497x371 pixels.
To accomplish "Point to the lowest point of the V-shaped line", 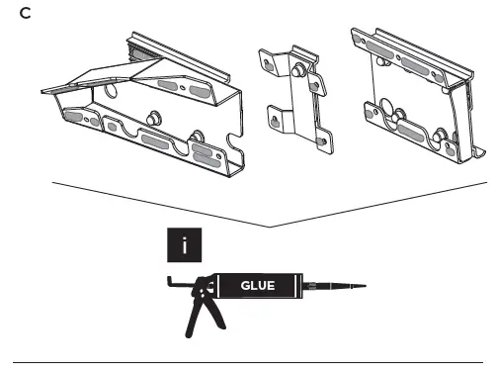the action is (x=269, y=227).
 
